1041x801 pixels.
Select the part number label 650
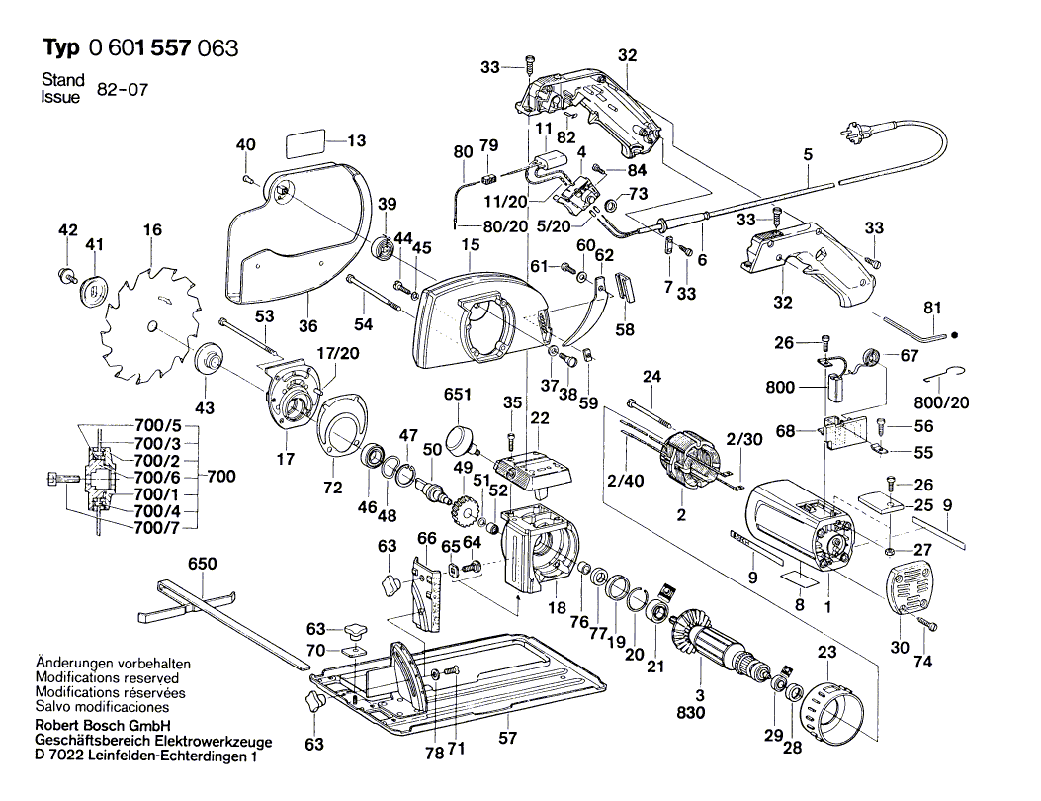(x=203, y=564)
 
